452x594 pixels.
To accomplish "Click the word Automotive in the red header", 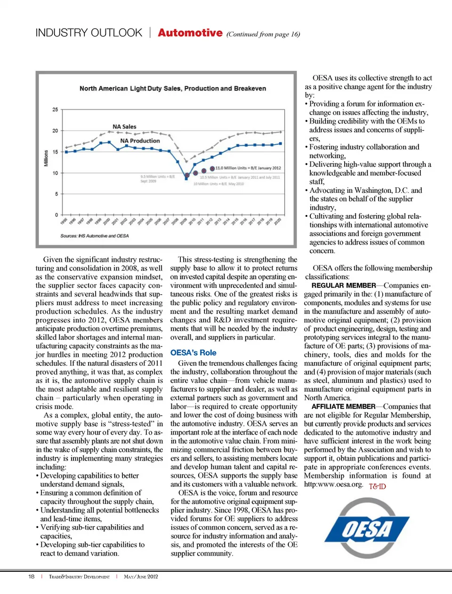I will point(190,33).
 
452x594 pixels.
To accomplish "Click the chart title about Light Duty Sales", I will point(172,88).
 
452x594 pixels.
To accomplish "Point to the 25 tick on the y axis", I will point(56,109).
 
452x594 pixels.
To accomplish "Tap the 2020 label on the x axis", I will point(278,221).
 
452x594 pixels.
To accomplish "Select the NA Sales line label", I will point(124,126).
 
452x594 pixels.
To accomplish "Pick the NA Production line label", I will point(140,140).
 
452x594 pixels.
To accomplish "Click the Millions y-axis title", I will point(46,158).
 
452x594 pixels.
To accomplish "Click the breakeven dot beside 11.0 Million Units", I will point(212,168).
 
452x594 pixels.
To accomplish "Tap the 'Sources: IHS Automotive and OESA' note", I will point(94,236).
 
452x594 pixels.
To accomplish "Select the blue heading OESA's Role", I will point(193,353).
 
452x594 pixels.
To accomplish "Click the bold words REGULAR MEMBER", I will point(344,285).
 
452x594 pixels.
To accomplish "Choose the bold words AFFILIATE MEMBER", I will point(344,406).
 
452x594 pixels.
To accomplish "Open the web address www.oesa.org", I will point(333,484).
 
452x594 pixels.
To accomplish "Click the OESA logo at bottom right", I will point(367,528).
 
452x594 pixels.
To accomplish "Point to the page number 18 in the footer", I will point(32,577).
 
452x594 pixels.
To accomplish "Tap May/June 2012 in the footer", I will point(141,577).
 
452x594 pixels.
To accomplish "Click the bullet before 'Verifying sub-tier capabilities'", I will point(38,528).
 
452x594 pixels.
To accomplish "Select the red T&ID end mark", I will point(377,486).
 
